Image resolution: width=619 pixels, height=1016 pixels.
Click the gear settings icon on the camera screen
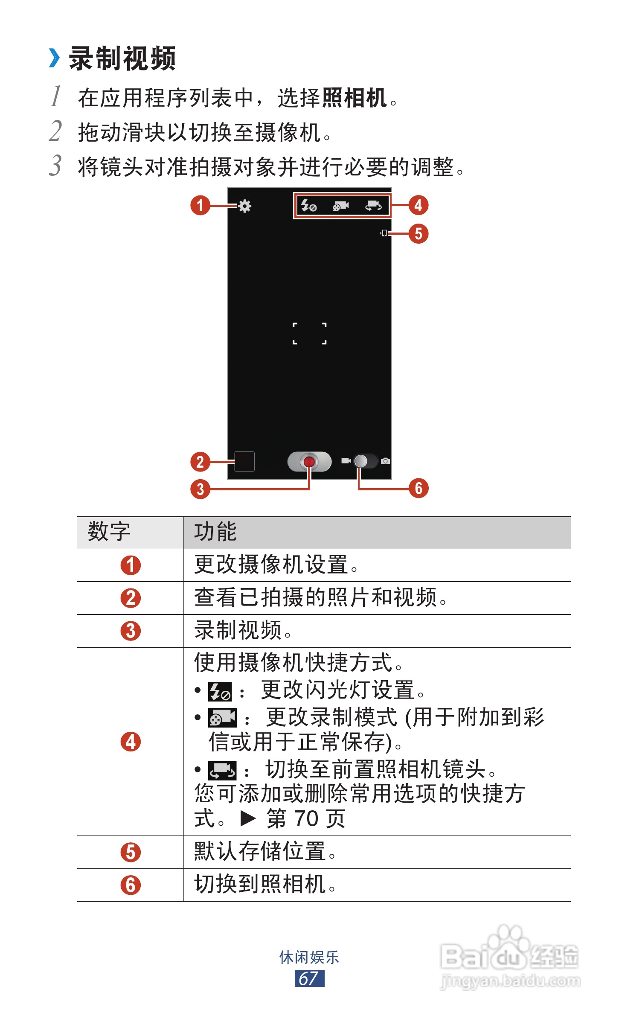pyautogui.click(x=244, y=206)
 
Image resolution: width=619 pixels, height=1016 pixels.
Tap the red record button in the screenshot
pyautogui.click(x=309, y=461)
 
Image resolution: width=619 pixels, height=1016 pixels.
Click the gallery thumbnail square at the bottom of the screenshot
pyautogui.click(x=244, y=461)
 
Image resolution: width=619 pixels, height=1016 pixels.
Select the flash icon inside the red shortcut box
pyautogui.click(x=308, y=206)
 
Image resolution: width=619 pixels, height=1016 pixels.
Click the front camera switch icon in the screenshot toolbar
pyautogui.click(x=373, y=206)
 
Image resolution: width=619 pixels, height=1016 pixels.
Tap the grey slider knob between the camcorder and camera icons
pyautogui.click(x=361, y=461)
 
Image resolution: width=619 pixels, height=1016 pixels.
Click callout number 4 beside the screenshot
pyautogui.click(x=418, y=205)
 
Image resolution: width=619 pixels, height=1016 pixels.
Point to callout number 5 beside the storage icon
pyautogui.click(x=418, y=233)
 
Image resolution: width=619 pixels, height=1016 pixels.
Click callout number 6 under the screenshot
pyautogui.click(x=418, y=488)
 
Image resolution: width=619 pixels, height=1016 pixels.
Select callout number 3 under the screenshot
pyautogui.click(x=200, y=489)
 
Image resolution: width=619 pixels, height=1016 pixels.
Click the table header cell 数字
pyautogui.click(x=109, y=532)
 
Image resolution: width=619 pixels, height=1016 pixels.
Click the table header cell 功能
pyautogui.click(x=215, y=532)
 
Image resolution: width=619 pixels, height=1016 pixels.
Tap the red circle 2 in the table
pyautogui.click(x=131, y=598)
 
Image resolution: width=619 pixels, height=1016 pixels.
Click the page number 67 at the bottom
pyautogui.click(x=309, y=978)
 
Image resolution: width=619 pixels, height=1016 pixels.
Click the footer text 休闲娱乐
pyautogui.click(x=309, y=957)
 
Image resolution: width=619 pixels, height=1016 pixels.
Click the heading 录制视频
pyautogui.click(x=122, y=58)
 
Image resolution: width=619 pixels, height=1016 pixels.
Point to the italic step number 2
pyautogui.click(x=55, y=131)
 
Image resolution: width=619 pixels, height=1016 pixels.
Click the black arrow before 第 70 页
pyautogui.click(x=248, y=818)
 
